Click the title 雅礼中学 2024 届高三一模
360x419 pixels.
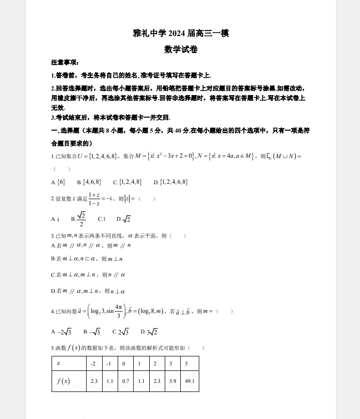coord(181,34)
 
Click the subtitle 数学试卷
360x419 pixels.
coord(181,49)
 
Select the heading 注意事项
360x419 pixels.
coord(65,63)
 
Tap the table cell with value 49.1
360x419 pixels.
coord(190,381)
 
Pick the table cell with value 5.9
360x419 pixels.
coord(173,381)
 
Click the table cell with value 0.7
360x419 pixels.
coord(126,381)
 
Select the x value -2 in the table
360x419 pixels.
coord(94,363)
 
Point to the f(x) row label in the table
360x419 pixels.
coord(63,381)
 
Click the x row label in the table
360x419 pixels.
coord(59,363)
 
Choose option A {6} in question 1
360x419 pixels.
coord(58,182)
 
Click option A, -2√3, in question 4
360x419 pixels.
coord(62,332)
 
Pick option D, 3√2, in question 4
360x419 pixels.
coord(149,332)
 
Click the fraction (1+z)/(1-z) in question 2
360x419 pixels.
coord(94,199)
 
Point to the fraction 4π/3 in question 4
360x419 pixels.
coord(119,311)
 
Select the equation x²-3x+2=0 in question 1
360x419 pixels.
coord(172,156)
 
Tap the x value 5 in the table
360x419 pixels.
coord(186,363)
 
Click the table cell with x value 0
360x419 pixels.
coord(124,363)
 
